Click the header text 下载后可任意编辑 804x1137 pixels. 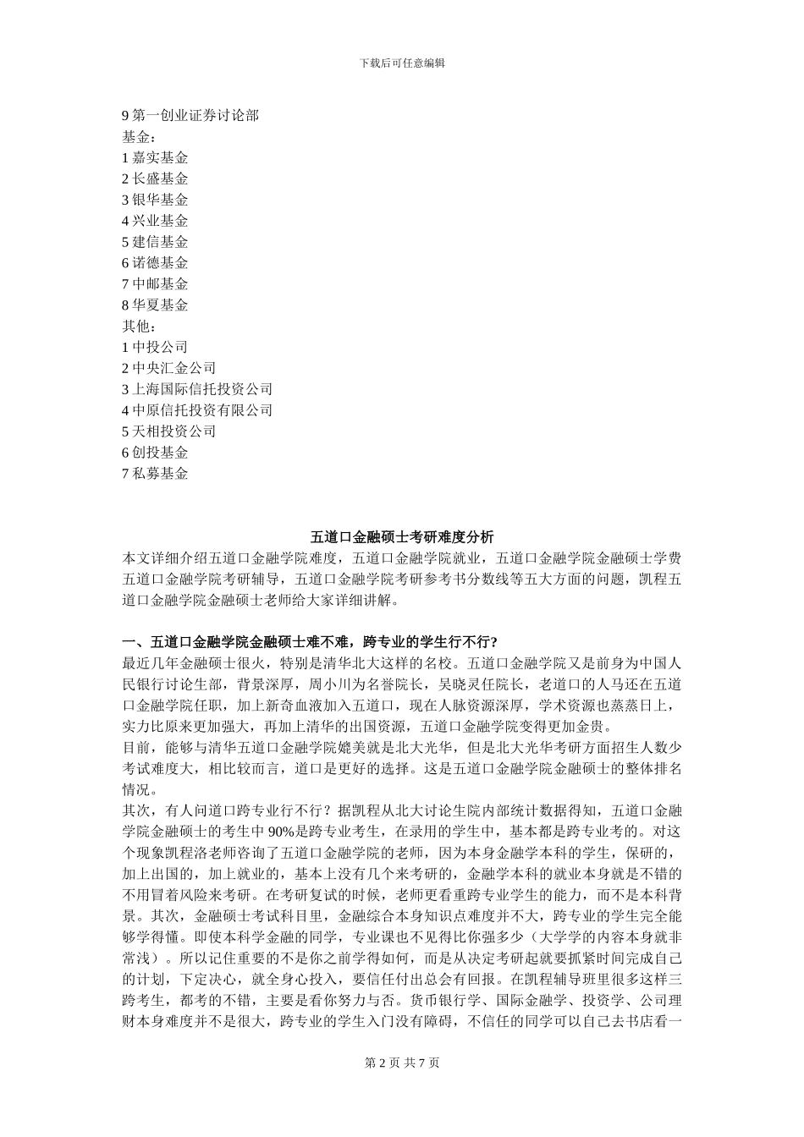[402, 63]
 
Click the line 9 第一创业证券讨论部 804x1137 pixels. [190, 116]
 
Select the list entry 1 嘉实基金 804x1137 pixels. [155, 158]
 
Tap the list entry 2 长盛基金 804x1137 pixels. [155, 179]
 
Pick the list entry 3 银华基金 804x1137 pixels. [155, 200]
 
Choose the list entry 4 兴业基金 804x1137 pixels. [155, 222]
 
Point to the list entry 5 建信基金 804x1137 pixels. [155, 243]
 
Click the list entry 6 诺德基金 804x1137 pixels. [155, 264]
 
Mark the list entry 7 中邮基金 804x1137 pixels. [155, 285]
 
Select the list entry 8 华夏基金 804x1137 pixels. [155, 305]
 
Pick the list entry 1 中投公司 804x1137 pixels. [155, 348]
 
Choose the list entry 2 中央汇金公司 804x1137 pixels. [169, 369]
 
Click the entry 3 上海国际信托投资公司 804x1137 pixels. [197, 390]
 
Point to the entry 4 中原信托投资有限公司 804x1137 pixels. [197, 411]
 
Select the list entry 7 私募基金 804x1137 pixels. [155, 474]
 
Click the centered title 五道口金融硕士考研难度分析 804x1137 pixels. [402, 537]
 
